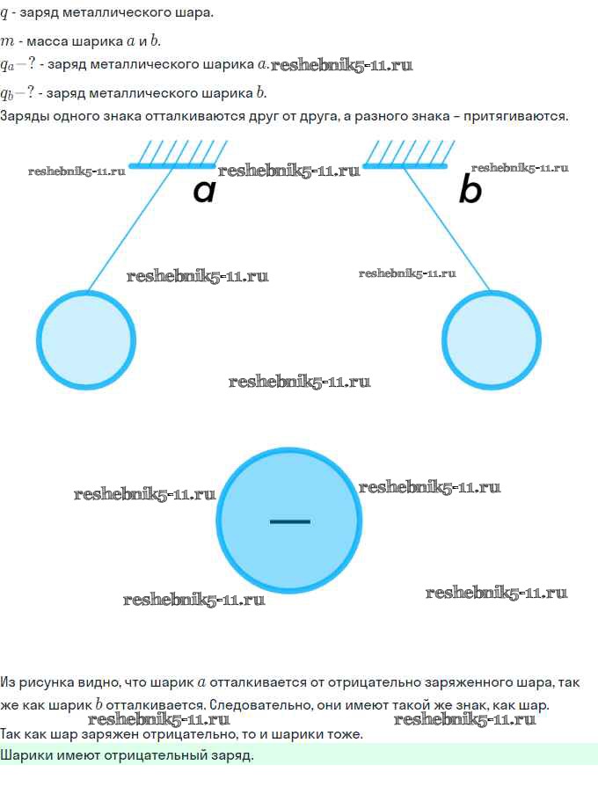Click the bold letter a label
(205, 192)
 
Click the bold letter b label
(470, 189)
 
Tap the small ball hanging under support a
(86, 339)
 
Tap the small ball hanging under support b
(492, 339)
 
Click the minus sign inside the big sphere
(289, 521)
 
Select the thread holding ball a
(130, 229)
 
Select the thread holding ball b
(447, 229)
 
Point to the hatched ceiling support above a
(179, 154)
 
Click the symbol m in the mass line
(7, 42)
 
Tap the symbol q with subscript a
(7, 66)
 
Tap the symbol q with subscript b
(7, 94)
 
